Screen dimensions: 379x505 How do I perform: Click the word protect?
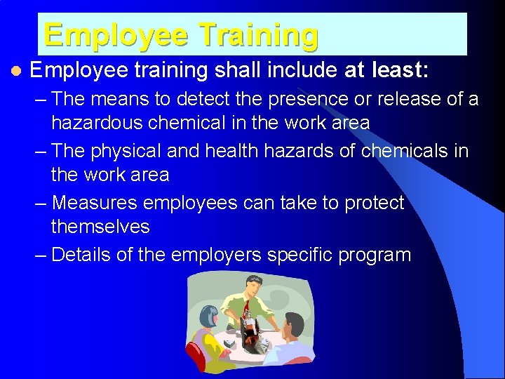[369, 203]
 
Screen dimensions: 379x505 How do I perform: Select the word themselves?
[100, 226]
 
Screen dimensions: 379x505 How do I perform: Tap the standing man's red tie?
[246, 310]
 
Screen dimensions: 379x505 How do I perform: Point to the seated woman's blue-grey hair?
[208, 317]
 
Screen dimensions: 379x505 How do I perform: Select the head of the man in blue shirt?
[292, 325]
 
